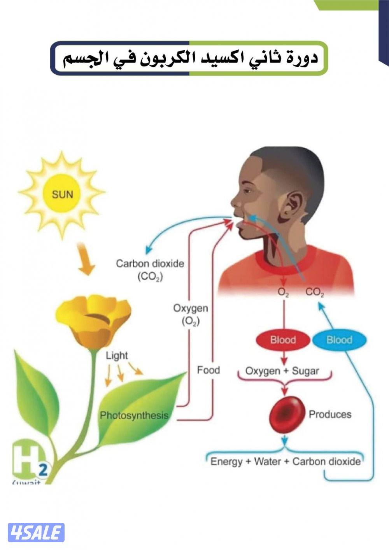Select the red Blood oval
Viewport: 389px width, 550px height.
pos(283,340)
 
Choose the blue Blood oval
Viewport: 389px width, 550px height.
pos(339,340)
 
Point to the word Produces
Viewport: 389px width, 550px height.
pos(330,414)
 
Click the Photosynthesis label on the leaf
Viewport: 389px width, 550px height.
pos(134,415)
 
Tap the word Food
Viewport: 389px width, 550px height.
pos(209,370)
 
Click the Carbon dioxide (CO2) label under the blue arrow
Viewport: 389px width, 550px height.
pos(150,270)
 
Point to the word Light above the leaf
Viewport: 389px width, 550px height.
pos(117,356)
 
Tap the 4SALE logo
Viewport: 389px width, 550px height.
pos(36,532)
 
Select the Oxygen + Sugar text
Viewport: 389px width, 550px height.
pos(282,371)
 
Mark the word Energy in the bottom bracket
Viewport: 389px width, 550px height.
pos(226,462)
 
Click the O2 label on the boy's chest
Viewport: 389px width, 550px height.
pos(283,291)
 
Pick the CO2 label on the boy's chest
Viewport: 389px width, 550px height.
pos(315,292)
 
